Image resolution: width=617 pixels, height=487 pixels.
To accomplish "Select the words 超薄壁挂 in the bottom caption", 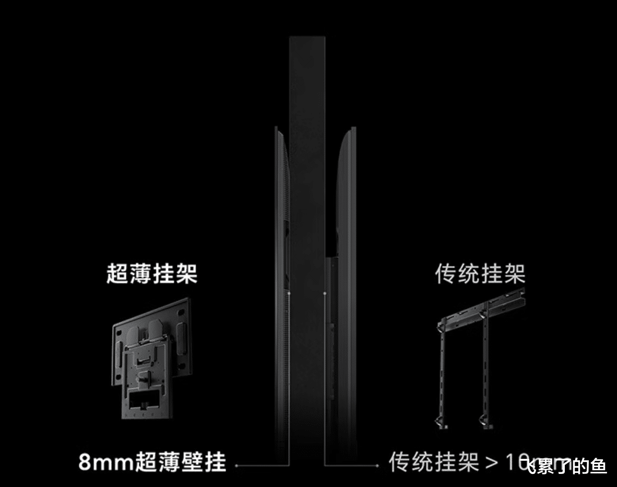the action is (x=181, y=462).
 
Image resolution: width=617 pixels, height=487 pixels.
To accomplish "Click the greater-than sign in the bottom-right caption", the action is (x=492, y=462).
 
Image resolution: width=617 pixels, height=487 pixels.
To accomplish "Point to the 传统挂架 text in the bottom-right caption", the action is (x=433, y=462).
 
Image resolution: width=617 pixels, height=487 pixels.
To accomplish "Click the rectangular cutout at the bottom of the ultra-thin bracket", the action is (x=141, y=400).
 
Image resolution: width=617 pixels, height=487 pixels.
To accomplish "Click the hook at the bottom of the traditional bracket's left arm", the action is (x=438, y=421).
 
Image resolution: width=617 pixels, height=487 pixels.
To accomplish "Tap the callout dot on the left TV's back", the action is (x=289, y=294).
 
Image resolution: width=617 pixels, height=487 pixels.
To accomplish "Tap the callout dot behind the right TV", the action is (x=325, y=294).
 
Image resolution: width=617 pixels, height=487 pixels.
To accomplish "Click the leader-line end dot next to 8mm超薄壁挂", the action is (x=236, y=464).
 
